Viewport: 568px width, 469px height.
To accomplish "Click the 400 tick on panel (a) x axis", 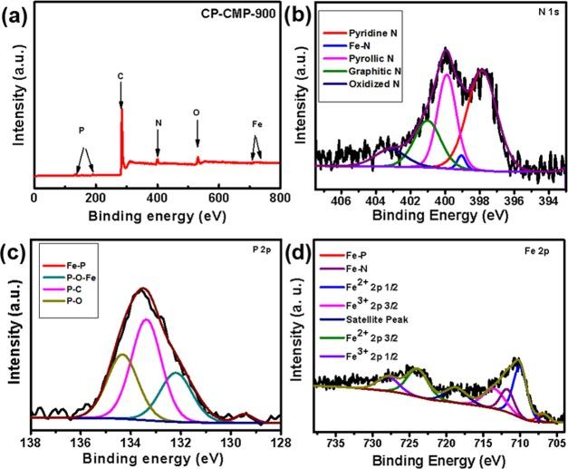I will [x=158, y=196].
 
